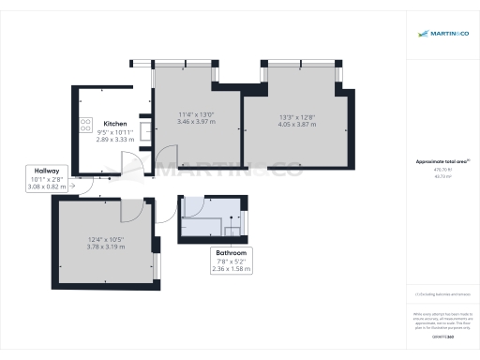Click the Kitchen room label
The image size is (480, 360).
point(115,124)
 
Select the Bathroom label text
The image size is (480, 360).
point(231,253)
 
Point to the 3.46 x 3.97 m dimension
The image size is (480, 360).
point(197,124)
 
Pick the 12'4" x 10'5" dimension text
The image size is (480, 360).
point(106,240)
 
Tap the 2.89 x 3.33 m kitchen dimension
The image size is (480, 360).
point(115,140)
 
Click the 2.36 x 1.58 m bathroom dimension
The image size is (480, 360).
point(231,269)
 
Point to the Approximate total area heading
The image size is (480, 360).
point(440,161)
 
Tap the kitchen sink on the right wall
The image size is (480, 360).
point(143,128)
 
